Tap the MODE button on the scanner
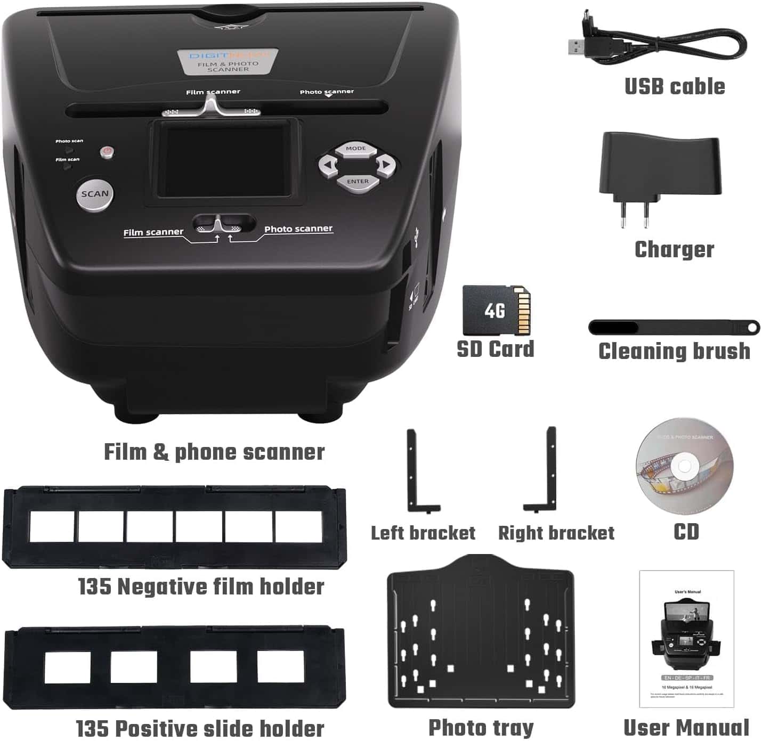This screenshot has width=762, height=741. (356, 149)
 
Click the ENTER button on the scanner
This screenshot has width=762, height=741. (358, 182)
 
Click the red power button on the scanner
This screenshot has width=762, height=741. (107, 152)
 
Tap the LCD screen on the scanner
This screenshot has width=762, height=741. (224, 160)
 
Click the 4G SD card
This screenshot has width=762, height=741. (496, 311)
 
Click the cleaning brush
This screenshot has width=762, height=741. (674, 327)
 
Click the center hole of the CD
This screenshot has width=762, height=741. (684, 467)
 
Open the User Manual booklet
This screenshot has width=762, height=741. (686, 639)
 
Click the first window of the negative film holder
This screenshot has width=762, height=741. (52, 526)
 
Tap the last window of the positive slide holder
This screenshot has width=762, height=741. (280, 666)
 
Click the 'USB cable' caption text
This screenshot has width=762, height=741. (675, 86)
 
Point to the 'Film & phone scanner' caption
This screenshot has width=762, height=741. (214, 452)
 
